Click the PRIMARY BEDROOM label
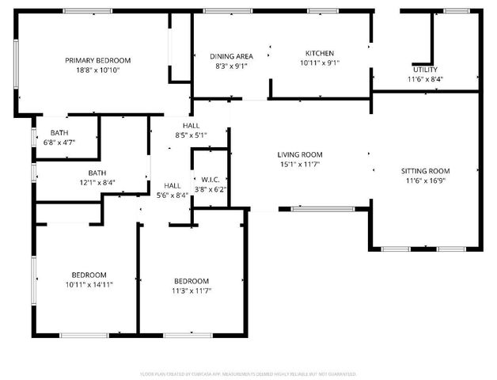click(97, 60)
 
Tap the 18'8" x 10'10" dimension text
click(97, 70)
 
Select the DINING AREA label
click(231, 56)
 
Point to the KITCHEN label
click(320, 53)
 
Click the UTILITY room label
click(425, 70)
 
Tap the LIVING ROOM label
click(300, 154)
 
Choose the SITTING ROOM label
click(425, 171)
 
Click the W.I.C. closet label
click(210, 180)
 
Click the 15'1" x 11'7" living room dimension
click(300, 164)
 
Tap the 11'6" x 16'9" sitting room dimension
click(425, 180)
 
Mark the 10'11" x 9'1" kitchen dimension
click(320, 63)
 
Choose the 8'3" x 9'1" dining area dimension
click(231, 66)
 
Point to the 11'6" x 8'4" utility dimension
click(425, 79)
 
